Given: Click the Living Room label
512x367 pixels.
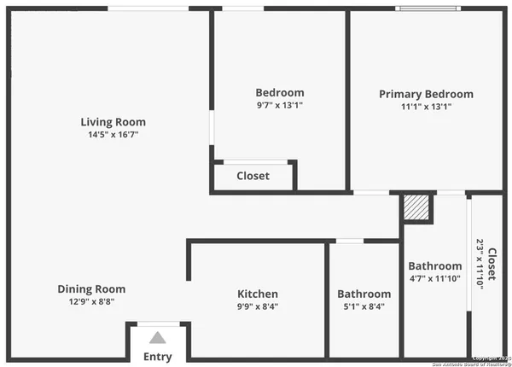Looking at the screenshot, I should point(113,121).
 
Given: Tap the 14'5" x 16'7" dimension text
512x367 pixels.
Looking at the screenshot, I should point(113,134).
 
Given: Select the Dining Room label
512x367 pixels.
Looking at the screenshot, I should point(91,288).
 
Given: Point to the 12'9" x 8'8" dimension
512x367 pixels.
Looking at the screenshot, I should point(91,301).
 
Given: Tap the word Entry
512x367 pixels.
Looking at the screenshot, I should point(158,357).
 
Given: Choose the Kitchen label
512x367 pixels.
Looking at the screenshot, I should point(258,294).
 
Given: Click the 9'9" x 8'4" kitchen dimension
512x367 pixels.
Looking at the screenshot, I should point(258,306).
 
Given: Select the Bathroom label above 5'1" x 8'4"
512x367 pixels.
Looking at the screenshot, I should point(364,294).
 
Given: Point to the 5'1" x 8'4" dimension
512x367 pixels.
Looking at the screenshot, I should point(364,306).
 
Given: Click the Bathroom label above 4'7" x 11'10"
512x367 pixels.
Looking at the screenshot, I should point(435,265).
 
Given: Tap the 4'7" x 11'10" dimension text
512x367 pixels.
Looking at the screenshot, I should point(435,278).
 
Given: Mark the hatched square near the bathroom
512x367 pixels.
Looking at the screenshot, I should point(416,207).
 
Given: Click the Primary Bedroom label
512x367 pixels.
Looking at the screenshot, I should point(426,94).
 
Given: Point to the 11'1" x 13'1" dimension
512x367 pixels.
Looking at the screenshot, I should point(426,107).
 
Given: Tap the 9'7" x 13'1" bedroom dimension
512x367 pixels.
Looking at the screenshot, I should point(280,105).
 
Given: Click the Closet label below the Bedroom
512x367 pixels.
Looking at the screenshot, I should point(253,176).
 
